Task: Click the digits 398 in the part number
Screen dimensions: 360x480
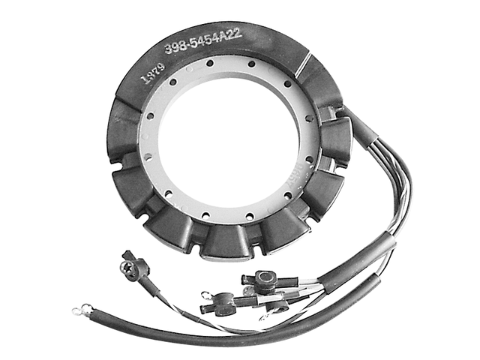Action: [x=176, y=49]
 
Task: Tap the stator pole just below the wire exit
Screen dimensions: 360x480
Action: [x=335, y=140]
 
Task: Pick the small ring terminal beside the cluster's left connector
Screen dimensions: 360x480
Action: [x=205, y=290]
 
